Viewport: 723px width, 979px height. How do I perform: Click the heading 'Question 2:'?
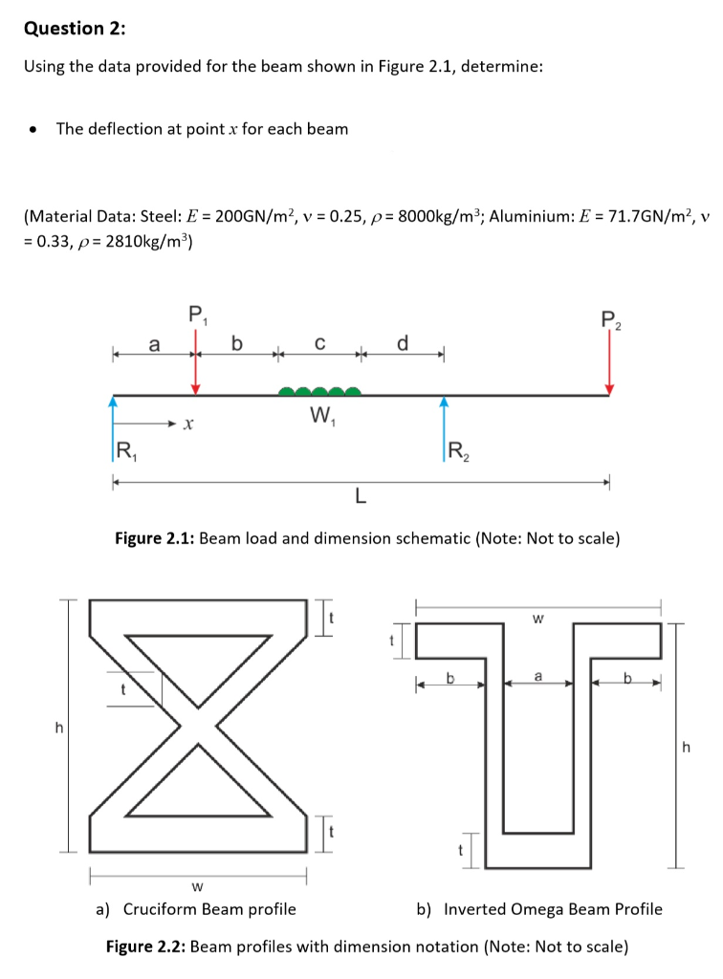(x=75, y=28)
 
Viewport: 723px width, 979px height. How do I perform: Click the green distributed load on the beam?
(x=319, y=390)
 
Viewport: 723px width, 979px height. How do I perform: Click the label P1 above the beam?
(x=196, y=312)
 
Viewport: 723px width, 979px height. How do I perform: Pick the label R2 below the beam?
(x=458, y=452)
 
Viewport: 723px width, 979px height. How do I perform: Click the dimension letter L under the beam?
(x=360, y=495)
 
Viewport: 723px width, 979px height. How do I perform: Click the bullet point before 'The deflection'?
(x=34, y=129)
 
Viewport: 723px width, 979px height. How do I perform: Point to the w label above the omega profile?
(x=537, y=619)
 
